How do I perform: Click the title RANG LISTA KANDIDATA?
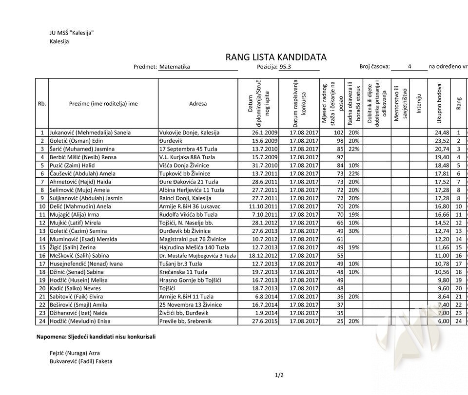[275, 57]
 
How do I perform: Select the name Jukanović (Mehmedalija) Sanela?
[90, 132]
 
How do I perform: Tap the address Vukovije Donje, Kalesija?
[189, 132]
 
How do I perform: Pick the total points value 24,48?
[442, 132]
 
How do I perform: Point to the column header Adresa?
[197, 103]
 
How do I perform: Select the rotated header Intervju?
[418, 103]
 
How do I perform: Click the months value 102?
[338, 132]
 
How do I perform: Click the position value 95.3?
[286, 67]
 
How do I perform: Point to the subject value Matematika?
[175, 67]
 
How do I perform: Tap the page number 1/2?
[279, 375]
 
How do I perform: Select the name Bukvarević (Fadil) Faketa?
[81, 361]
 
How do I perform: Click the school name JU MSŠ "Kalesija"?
[72, 33]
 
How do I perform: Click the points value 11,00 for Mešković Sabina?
[442, 255]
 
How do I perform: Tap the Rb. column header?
[42, 103]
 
